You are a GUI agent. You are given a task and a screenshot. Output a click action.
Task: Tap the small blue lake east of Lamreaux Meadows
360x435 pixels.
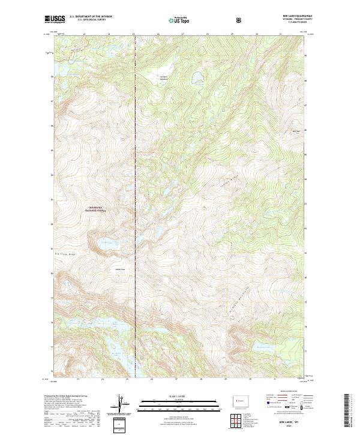(196, 76)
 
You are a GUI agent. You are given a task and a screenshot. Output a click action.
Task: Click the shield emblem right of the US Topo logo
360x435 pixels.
(239, 19)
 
